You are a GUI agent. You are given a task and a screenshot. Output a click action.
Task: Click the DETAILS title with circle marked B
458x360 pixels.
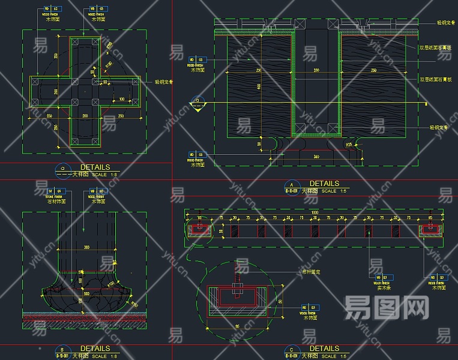point(95,348)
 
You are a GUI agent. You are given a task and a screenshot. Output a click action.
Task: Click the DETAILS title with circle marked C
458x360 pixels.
point(324,348)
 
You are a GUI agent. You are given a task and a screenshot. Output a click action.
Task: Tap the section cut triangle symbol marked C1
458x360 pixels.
point(197,105)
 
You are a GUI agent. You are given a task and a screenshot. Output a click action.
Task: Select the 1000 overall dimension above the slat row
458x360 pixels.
point(315,212)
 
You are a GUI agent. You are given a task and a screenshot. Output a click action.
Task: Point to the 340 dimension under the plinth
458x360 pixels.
point(316,157)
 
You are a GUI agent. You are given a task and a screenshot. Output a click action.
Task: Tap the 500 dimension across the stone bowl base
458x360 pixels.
point(86,293)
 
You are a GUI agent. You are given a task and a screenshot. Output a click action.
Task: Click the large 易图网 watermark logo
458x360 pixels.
point(386,308)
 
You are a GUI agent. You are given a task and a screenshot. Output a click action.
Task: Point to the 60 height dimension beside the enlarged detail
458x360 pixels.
point(280,300)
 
